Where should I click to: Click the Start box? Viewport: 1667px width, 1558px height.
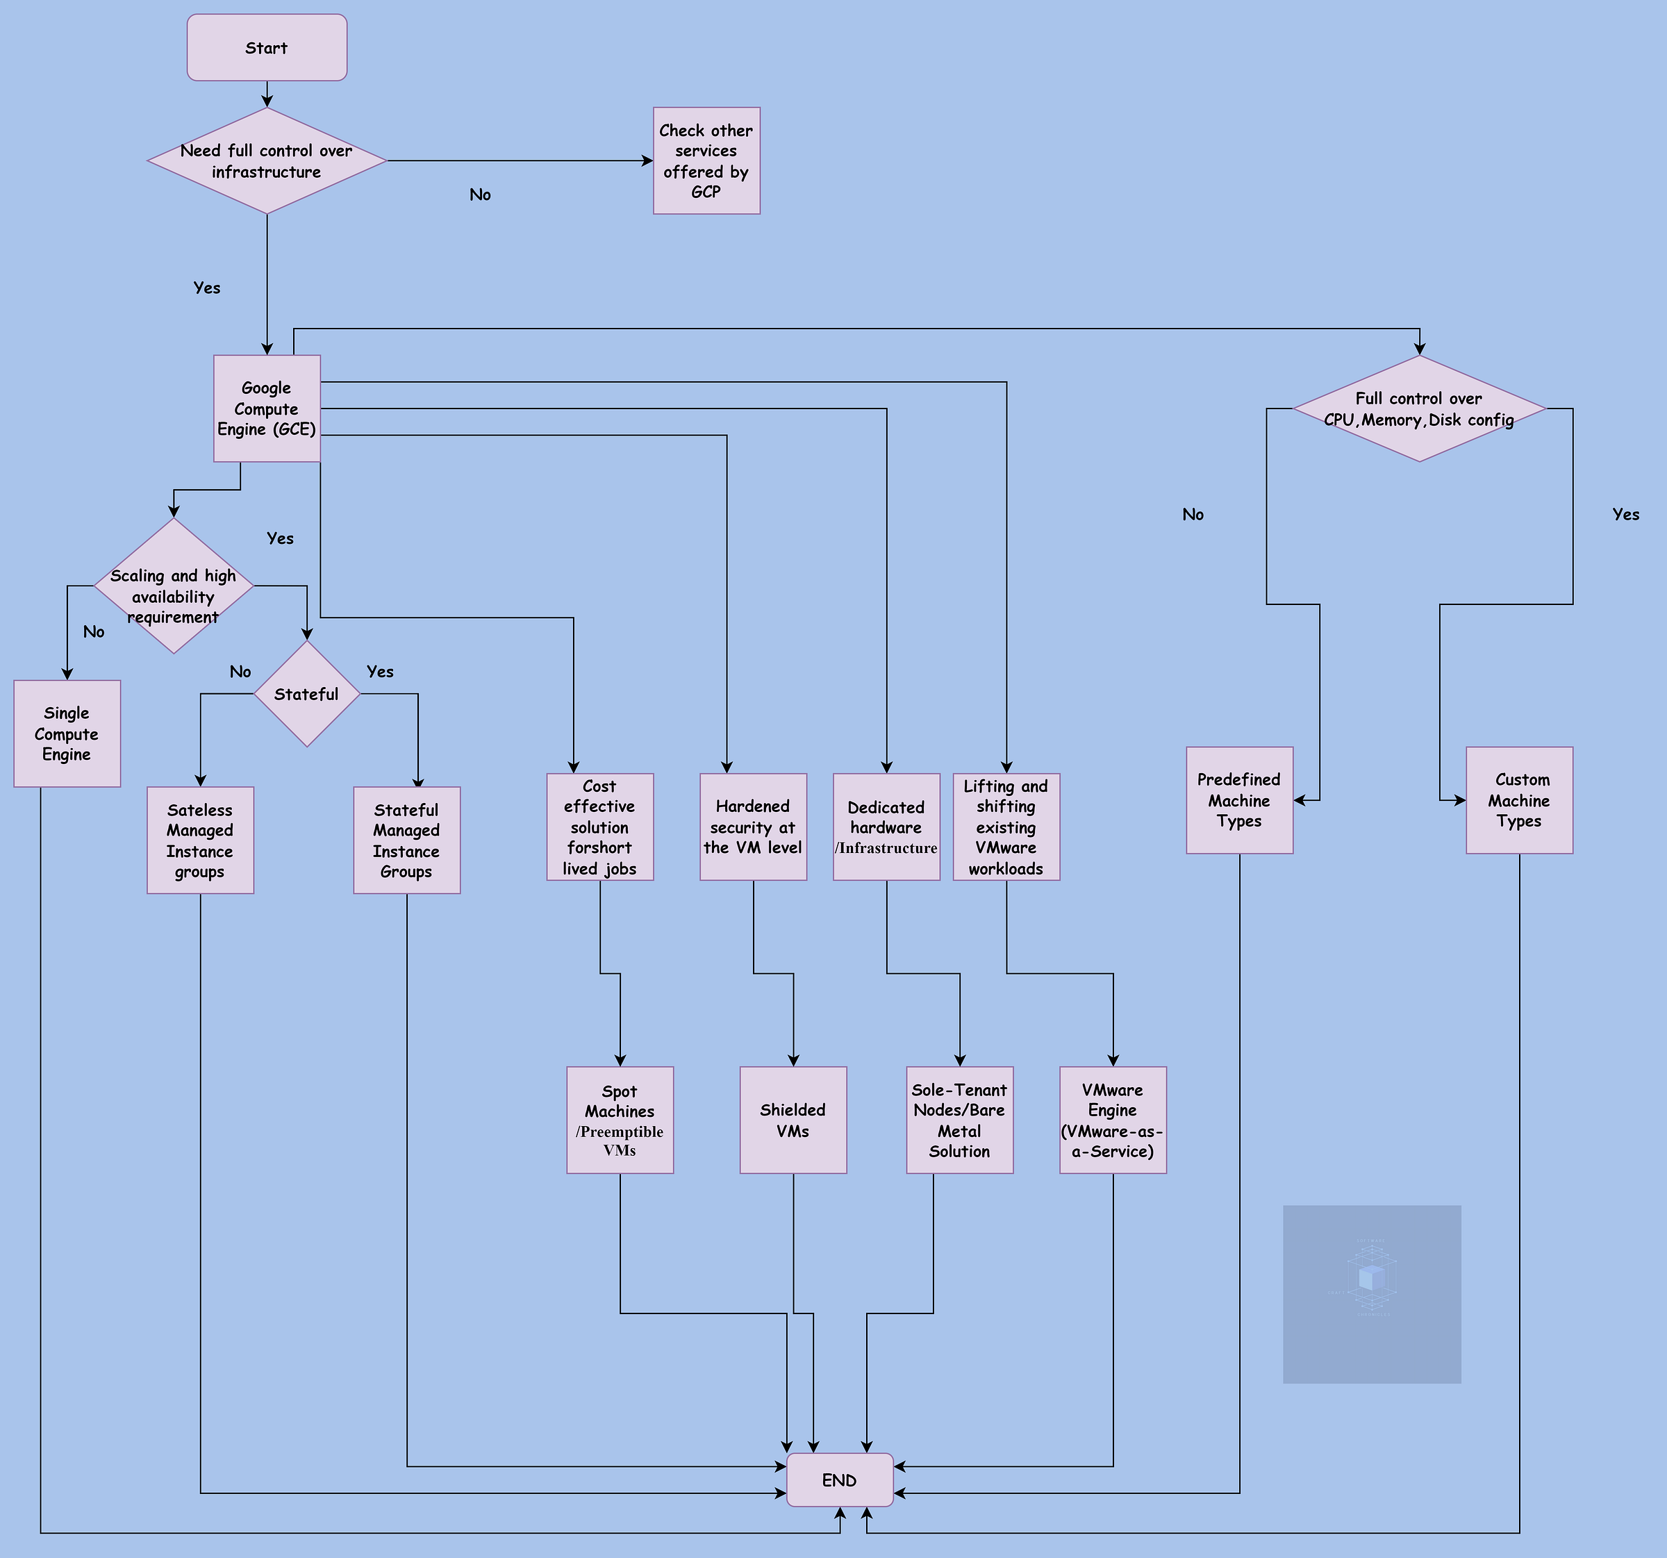[267, 48]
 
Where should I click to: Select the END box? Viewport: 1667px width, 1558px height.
[839, 1480]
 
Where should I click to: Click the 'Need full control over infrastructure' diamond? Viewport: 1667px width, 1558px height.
[267, 161]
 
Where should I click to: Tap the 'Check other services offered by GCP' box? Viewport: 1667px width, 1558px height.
[706, 161]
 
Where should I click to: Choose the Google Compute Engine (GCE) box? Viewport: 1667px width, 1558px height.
[267, 408]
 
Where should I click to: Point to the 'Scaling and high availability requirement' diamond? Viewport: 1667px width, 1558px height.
[174, 586]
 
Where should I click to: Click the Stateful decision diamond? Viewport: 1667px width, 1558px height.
[307, 695]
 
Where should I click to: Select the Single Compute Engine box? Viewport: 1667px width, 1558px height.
[67, 734]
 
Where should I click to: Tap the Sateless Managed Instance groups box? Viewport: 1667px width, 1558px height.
[201, 840]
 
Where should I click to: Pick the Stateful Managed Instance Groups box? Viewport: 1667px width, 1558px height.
[407, 840]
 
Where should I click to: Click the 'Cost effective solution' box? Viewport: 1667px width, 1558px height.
[599, 827]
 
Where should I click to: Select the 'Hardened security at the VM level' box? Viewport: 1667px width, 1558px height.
[753, 827]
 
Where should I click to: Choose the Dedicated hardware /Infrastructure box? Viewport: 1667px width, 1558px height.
[886, 827]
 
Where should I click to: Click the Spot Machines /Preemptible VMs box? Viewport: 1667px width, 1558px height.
[620, 1120]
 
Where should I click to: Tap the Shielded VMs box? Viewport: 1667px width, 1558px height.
[793, 1120]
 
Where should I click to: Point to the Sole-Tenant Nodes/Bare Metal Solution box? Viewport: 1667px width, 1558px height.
[959, 1120]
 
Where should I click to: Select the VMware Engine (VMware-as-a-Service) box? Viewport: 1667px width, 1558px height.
[1113, 1120]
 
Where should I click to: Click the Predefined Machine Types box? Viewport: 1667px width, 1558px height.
[1239, 801]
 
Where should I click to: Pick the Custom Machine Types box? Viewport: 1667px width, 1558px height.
[1520, 801]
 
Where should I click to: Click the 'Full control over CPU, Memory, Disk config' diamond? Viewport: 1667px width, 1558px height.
[1419, 408]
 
